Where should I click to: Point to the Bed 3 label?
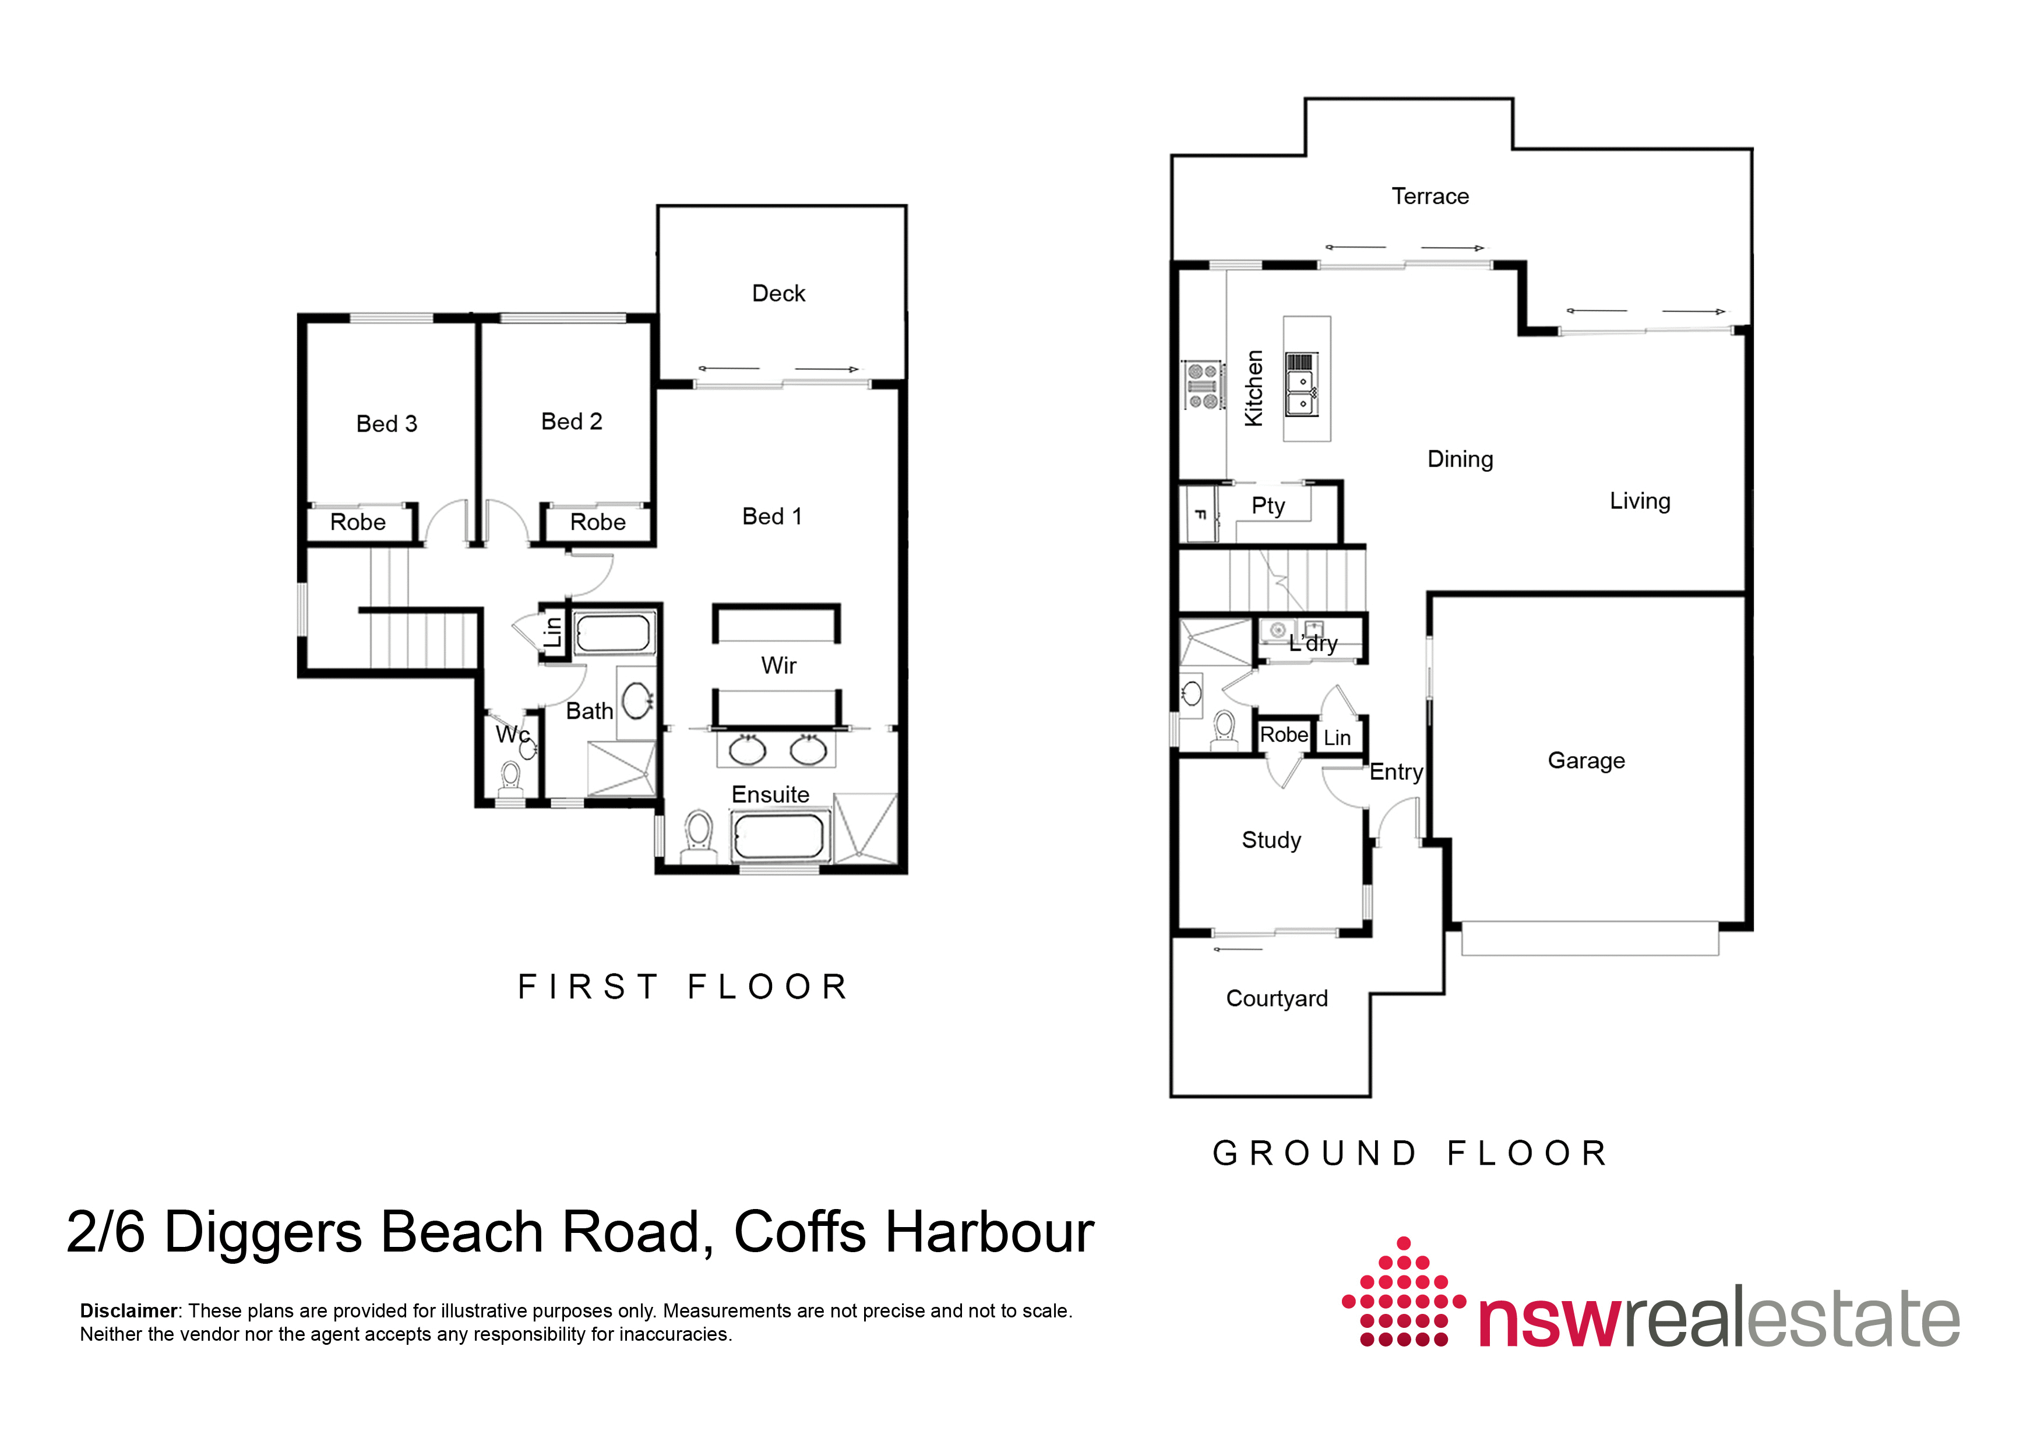(386, 424)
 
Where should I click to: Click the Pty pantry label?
(1268, 506)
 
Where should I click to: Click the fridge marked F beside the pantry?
(1199, 514)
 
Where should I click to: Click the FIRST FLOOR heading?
(683, 986)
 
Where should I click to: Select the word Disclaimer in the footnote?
(128, 1310)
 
